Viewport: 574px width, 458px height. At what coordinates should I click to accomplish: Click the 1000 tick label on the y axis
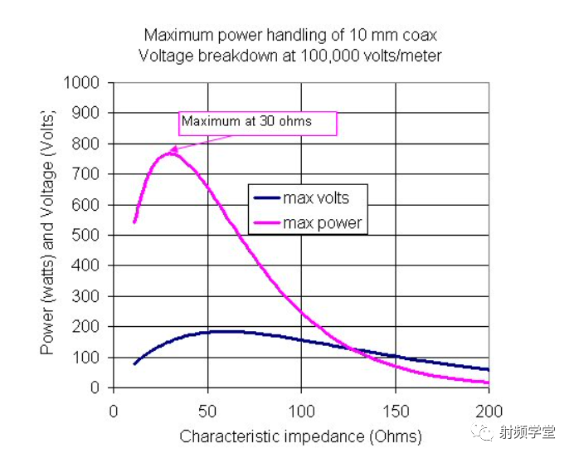pyautogui.click(x=83, y=83)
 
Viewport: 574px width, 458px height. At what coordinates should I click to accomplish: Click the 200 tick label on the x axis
pyautogui.click(x=489, y=410)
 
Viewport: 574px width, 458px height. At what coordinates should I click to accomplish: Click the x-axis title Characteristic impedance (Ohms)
pyautogui.click(x=300, y=436)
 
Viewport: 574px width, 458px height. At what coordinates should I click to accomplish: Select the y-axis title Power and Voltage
pyautogui.click(x=48, y=235)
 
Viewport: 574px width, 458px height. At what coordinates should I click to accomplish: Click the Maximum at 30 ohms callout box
pyautogui.click(x=257, y=122)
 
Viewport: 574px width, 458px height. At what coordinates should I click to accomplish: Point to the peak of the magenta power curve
pyautogui.click(x=170, y=153)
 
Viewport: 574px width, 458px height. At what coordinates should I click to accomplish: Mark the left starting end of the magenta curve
pyautogui.click(x=134, y=222)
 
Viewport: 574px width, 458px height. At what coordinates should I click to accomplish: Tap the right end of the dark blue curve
pyautogui.click(x=489, y=370)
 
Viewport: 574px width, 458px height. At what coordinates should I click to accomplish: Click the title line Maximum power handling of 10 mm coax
pyautogui.click(x=290, y=35)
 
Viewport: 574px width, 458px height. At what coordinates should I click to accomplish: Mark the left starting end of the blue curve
pyautogui.click(x=134, y=363)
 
